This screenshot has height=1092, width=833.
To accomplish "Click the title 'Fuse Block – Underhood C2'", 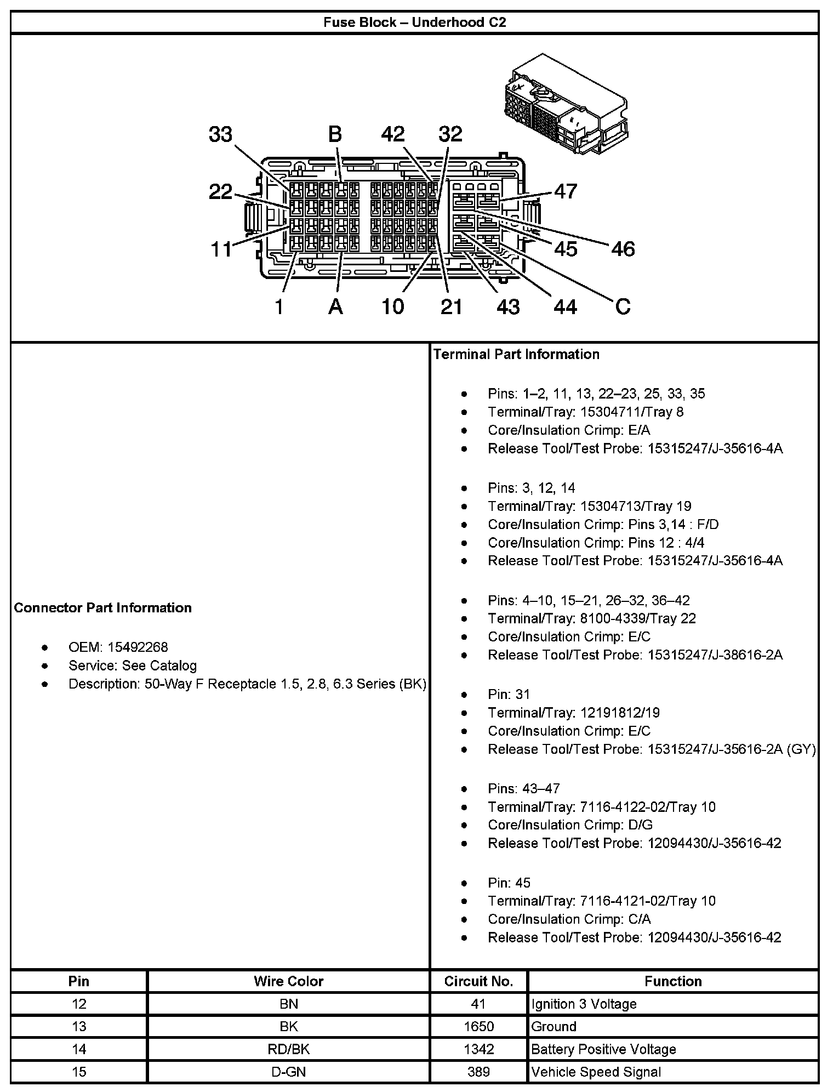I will (414, 22).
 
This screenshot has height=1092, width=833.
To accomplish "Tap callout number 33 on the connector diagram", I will (220, 134).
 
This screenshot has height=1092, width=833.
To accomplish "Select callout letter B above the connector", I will (335, 134).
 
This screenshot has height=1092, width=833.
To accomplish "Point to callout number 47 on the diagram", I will (566, 191).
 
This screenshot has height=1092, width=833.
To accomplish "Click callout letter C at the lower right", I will (623, 306).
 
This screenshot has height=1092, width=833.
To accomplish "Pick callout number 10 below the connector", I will (392, 307).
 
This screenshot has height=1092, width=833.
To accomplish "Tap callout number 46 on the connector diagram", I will (623, 249).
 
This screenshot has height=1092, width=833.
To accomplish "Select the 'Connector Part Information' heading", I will (103, 607).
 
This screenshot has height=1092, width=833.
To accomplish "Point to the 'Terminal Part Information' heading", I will (516, 354).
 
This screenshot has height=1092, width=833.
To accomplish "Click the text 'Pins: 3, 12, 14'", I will (532, 488).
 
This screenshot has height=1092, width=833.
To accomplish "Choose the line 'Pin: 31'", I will (509, 694).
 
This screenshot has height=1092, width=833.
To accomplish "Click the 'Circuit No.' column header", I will (478, 981).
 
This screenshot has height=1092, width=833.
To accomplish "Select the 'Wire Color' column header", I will (288, 981).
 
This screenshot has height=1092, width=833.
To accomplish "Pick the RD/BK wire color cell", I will (288, 1049).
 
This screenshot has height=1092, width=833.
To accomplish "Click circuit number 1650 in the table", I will (478, 1026).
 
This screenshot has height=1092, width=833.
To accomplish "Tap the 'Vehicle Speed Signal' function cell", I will (596, 1072).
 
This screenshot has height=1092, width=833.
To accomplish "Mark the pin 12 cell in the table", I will (79, 1004).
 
